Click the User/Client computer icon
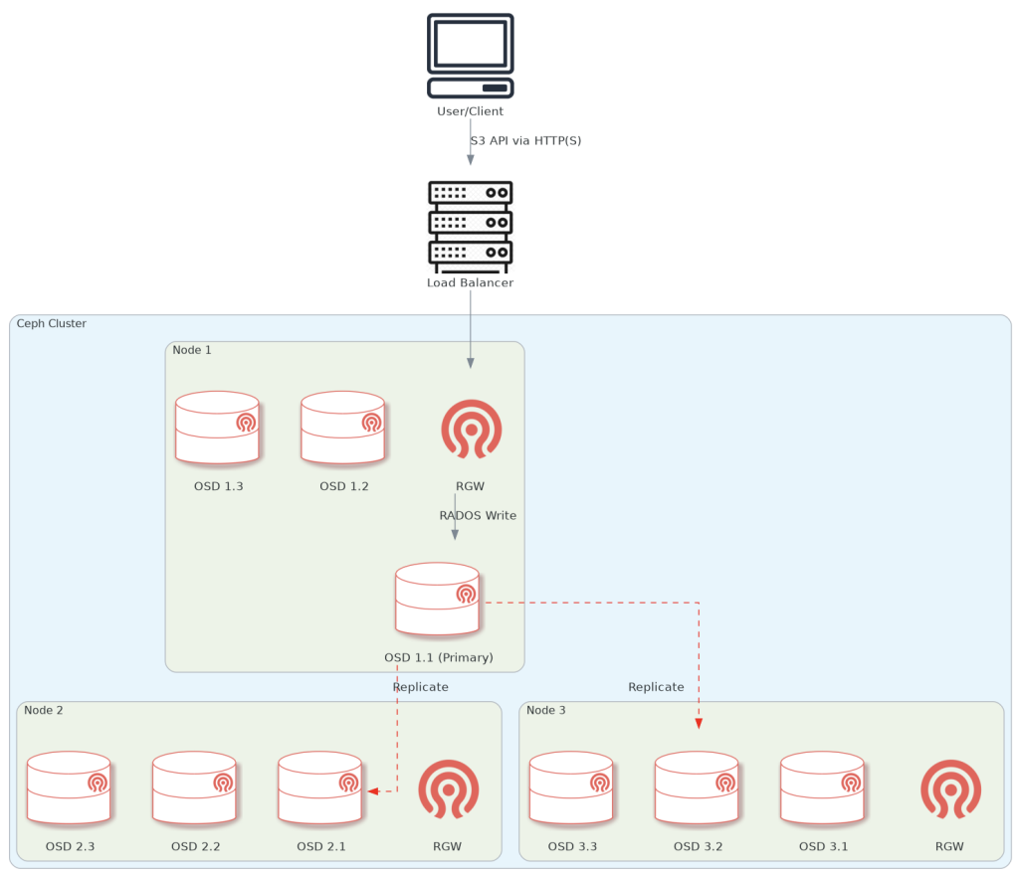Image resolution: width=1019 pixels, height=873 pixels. coord(471,56)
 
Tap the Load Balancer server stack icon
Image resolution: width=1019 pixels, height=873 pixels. coord(471,227)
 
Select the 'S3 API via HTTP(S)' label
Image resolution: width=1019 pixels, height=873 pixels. coord(525,141)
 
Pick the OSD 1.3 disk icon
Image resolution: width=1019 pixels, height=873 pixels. coord(218,428)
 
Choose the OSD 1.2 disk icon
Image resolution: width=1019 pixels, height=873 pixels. coord(343,428)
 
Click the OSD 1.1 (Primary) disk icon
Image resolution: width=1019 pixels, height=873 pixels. coord(438,599)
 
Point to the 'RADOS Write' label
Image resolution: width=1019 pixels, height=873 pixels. coord(478,516)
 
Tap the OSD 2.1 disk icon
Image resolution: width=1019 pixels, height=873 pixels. coord(320,787)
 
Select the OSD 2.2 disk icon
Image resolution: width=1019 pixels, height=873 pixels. coord(195,787)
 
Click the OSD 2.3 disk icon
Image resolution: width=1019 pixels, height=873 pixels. coord(70,787)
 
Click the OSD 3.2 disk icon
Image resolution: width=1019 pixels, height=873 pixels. coord(697,787)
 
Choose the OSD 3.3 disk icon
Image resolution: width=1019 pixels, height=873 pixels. coord(571,787)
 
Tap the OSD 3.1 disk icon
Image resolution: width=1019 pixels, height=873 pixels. coord(822,787)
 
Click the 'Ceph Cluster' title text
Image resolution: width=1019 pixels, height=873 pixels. coord(52,324)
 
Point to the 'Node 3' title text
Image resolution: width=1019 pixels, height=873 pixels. coord(547,710)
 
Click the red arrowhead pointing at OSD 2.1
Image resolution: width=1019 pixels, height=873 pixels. coord(373,791)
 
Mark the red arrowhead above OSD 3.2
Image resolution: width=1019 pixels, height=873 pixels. coord(699,723)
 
